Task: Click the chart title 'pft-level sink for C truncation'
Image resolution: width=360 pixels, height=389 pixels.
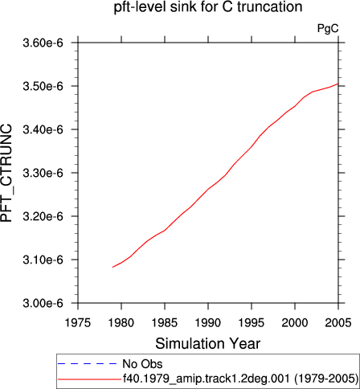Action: coord(208,7)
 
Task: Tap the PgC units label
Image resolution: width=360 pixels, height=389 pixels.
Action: coord(328,28)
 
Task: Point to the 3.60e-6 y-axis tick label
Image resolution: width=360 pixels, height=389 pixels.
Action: coord(43,43)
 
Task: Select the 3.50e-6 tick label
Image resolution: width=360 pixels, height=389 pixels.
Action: coord(43,86)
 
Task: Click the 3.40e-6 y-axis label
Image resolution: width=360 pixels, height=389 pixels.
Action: coord(43,129)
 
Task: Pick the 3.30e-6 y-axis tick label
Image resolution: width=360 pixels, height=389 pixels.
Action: coord(43,173)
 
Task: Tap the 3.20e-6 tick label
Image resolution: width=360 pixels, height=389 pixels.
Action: coord(43,216)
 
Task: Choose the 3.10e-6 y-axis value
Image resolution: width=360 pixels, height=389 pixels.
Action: coord(43,260)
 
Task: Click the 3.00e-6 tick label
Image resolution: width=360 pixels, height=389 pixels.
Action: coord(43,303)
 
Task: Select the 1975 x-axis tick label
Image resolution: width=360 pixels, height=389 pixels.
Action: coord(78,322)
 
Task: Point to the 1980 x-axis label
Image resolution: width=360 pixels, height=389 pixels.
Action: coord(121,322)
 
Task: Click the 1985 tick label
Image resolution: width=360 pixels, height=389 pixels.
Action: coord(165,322)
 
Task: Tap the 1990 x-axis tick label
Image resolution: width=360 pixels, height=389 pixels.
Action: coord(208,322)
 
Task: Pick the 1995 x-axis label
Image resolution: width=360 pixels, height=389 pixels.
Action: coord(252,322)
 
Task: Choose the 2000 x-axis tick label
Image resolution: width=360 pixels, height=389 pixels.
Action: coord(295,322)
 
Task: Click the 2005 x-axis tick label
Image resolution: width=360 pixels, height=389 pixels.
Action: coord(338,322)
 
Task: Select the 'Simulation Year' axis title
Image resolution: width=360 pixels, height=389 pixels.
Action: coord(208,343)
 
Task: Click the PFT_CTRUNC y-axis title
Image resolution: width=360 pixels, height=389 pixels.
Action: coord(6,173)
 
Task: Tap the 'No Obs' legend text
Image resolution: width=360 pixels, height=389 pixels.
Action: coord(142,364)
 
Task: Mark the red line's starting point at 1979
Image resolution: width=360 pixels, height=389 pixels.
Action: coord(112,267)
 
